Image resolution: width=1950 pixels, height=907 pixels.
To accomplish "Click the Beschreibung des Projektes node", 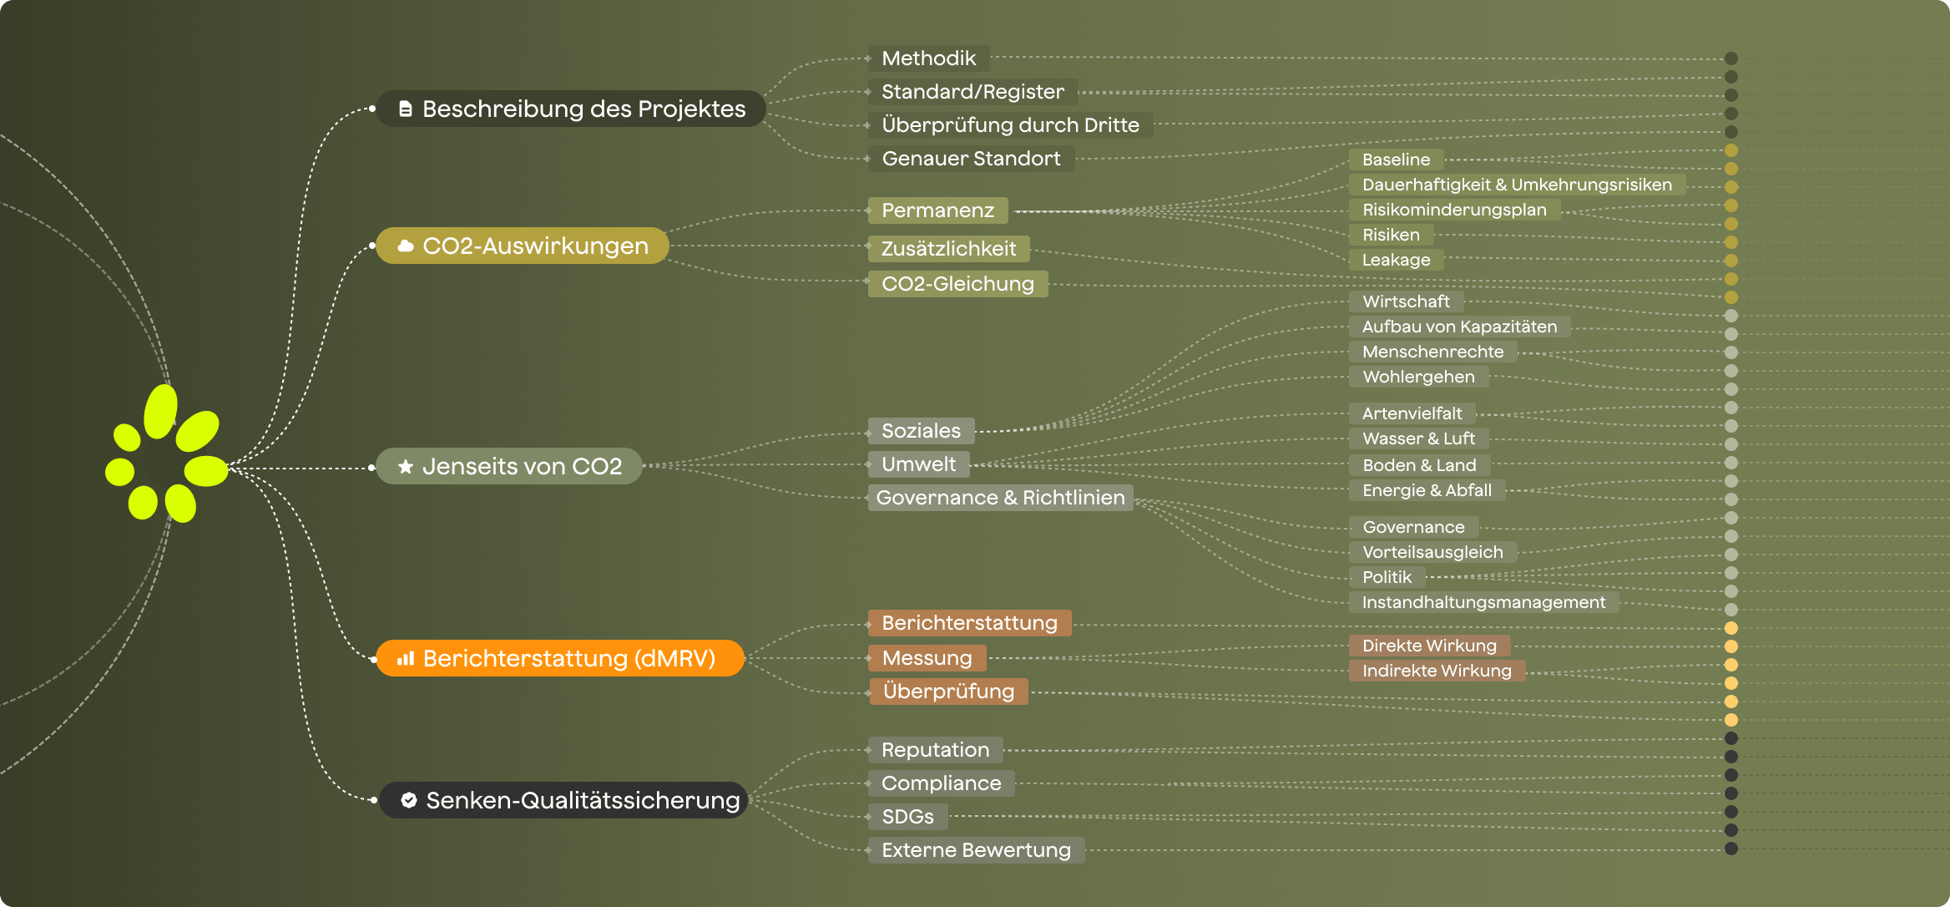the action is click(x=571, y=109).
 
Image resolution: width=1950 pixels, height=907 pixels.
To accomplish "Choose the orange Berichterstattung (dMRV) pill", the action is click(x=559, y=658).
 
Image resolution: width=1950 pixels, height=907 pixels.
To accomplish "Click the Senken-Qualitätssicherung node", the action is click(x=563, y=800).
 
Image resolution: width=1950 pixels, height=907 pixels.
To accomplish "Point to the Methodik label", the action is click(x=928, y=58).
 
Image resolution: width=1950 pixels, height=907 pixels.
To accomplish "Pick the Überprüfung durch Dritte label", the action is click(x=1010, y=125).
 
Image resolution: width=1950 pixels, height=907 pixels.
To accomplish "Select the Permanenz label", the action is click(x=937, y=210).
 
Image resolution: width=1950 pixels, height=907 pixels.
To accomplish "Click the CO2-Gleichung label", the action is click(x=957, y=284).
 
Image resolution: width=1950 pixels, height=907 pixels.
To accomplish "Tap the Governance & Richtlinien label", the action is click(x=1000, y=498).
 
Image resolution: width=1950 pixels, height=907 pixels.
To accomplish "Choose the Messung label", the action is click(x=927, y=658).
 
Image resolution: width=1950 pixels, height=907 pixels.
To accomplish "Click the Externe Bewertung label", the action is click(x=976, y=850).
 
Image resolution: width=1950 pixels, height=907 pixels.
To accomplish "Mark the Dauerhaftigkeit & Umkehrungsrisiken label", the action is click(x=1517, y=185).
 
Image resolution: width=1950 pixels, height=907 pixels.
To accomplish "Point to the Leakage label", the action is click(x=1396, y=260).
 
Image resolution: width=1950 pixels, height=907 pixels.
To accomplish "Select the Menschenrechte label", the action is click(x=1432, y=352).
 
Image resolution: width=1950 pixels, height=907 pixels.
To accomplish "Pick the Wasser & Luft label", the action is click(x=1418, y=438).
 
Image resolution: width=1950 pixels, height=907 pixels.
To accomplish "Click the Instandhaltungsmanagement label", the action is click(x=1483, y=602).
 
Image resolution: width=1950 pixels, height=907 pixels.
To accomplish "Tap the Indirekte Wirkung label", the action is click(x=1437, y=671).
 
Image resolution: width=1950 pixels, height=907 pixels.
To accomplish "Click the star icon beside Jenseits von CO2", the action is click(x=406, y=466).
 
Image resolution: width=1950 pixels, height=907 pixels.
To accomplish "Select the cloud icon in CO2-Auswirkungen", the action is click(x=406, y=246).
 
